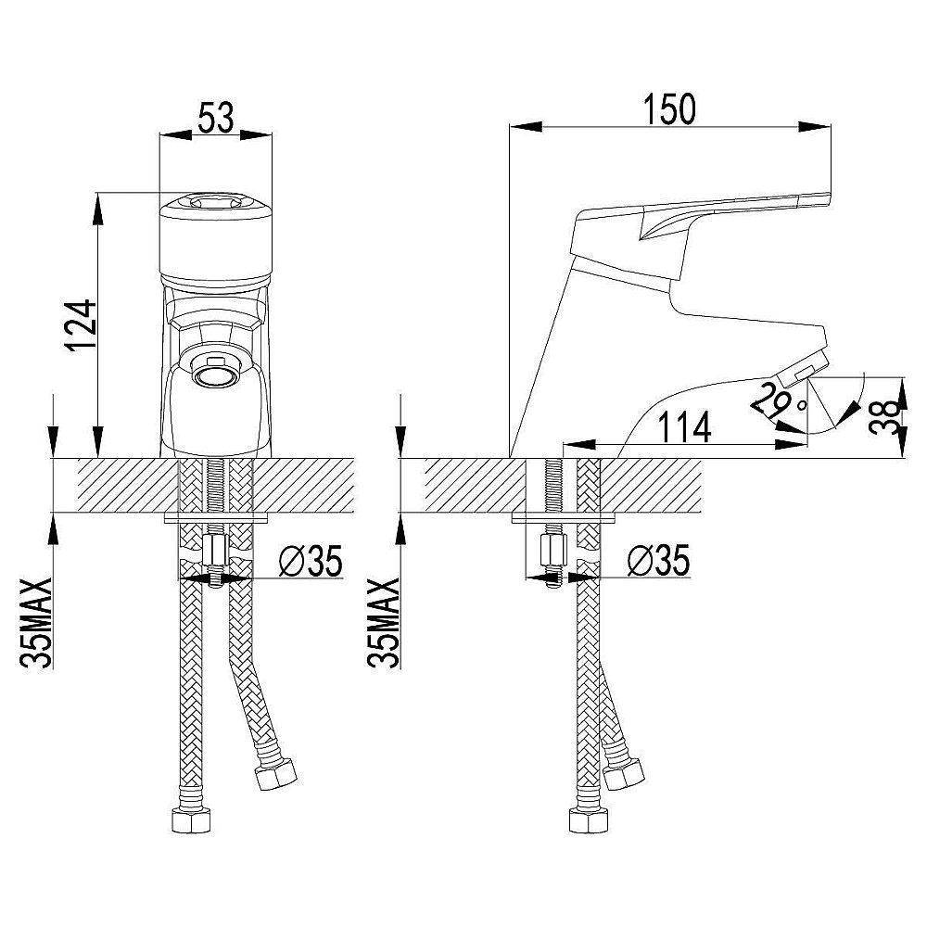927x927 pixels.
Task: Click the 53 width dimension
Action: tap(215, 119)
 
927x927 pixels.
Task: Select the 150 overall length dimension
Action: tap(669, 109)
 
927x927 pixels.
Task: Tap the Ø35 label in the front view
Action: tap(311, 561)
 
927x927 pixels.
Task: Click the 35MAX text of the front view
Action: tap(37, 623)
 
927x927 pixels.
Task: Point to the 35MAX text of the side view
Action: tap(384, 623)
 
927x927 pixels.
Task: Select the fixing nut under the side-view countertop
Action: tap(554, 552)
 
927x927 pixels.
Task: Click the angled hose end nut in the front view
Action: tap(275, 773)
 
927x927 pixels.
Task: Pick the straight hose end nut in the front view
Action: tap(191, 820)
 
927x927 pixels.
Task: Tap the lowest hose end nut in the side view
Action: tap(589, 820)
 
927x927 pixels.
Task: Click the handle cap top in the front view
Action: tap(216, 202)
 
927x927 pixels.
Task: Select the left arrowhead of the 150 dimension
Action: tap(526, 125)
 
